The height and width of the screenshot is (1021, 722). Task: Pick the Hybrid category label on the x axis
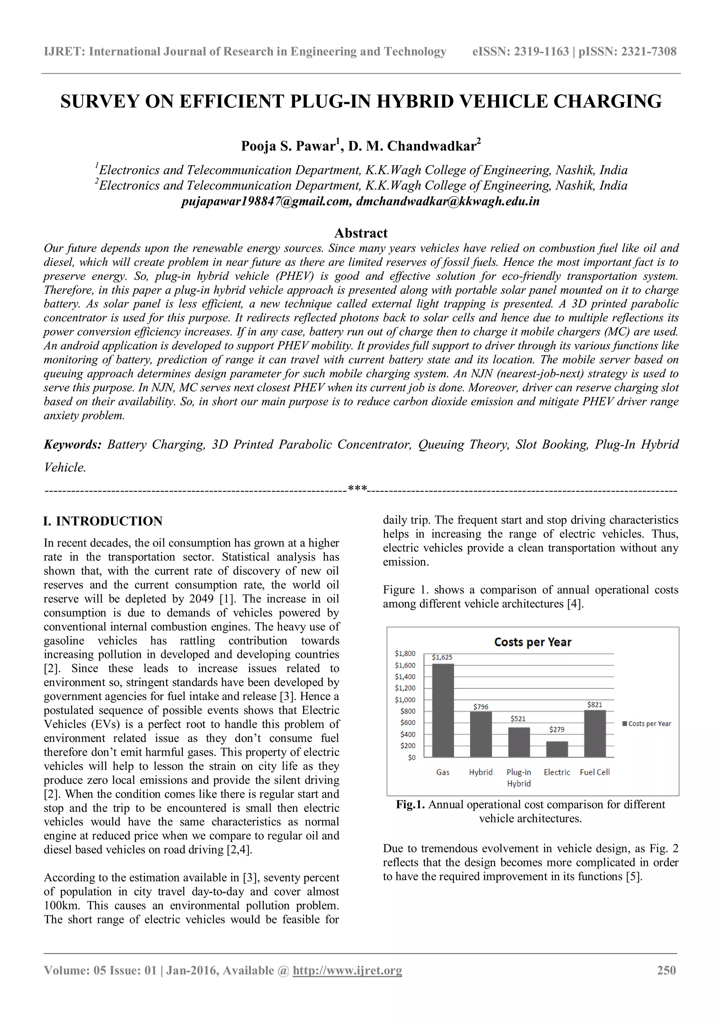coord(481,772)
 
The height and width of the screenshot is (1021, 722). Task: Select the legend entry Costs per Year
coord(649,724)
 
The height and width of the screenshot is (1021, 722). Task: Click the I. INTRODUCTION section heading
coord(103,521)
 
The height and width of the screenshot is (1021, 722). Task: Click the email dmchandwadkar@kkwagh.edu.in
coord(447,202)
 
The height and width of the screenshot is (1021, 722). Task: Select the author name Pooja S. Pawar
coord(288,146)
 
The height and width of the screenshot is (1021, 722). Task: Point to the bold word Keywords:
coord(73,445)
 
